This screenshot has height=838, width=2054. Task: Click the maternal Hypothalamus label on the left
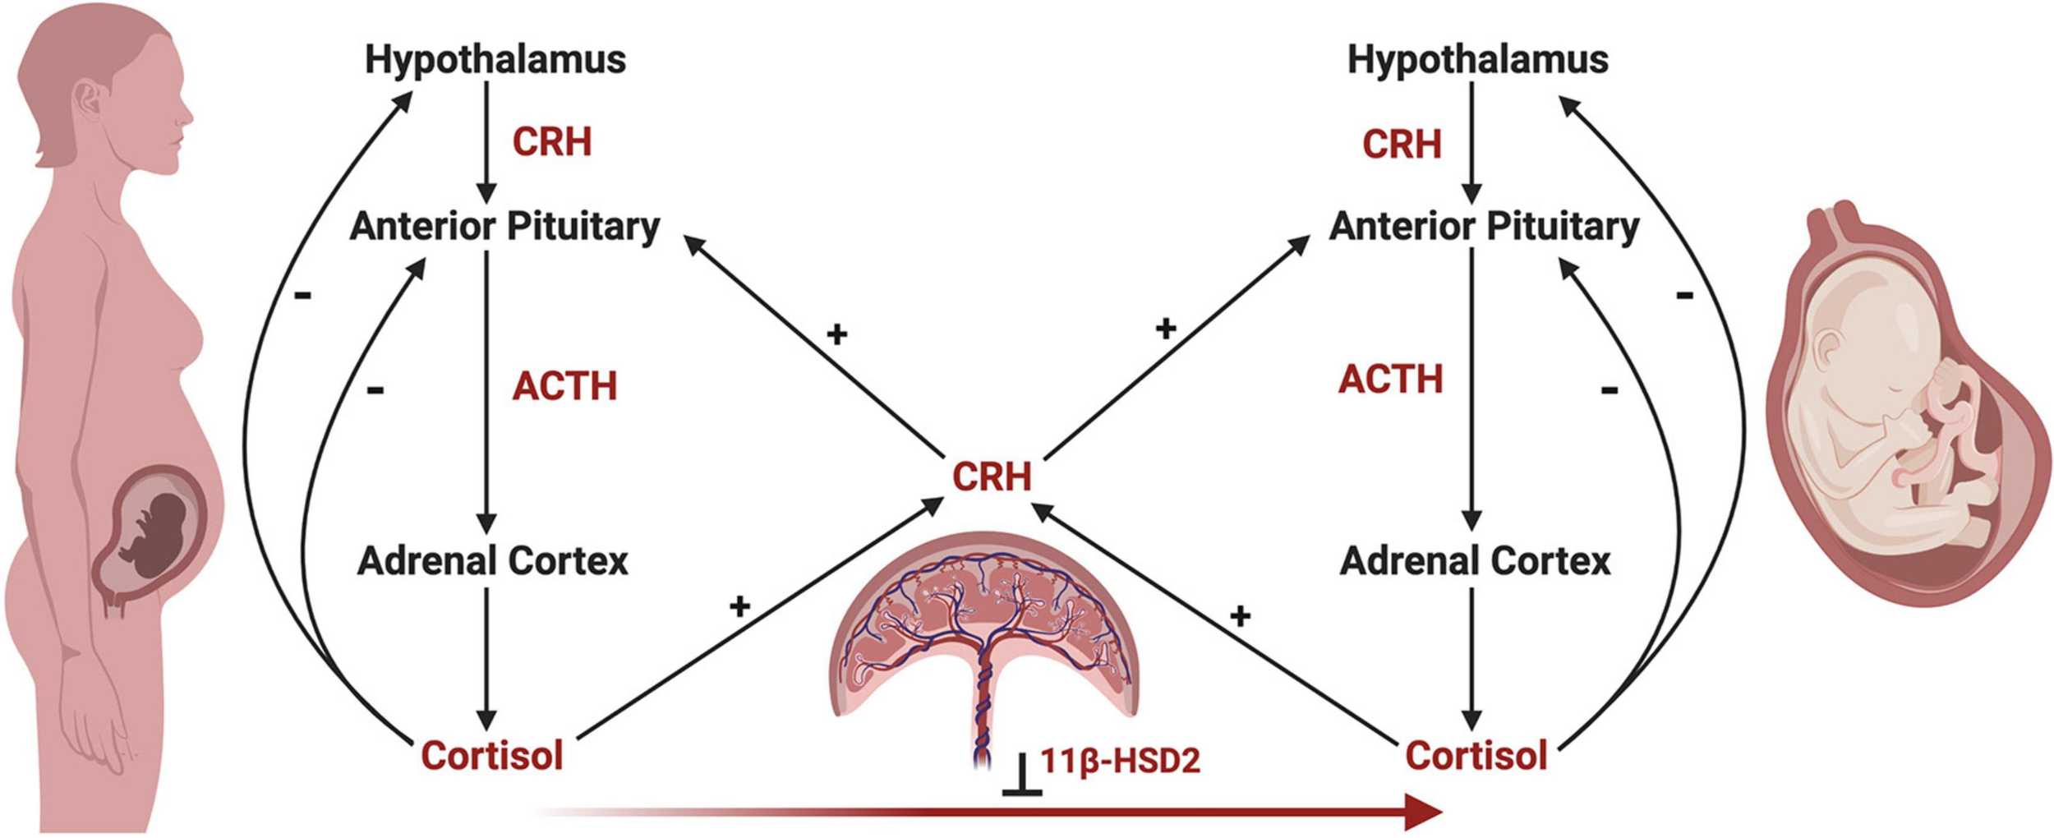[495, 60]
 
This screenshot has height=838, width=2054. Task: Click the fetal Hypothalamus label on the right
[1477, 60]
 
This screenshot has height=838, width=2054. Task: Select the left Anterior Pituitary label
[504, 227]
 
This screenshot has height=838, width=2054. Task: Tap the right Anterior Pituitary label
[1484, 227]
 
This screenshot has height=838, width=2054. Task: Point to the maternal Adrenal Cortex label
[493, 561]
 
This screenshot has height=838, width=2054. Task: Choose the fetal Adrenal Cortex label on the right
[1476, 561]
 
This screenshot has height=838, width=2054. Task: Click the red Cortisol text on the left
[491, 755]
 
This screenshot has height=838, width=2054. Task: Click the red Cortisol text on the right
[1476, 755]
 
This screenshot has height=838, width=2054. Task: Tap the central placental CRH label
[992, 477]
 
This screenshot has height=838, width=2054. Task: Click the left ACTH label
[564, 386]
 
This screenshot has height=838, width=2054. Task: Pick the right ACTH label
[1390, 380]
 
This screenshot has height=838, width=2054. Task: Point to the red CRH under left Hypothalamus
[551, 142]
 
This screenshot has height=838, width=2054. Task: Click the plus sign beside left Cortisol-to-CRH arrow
[739, 606]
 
